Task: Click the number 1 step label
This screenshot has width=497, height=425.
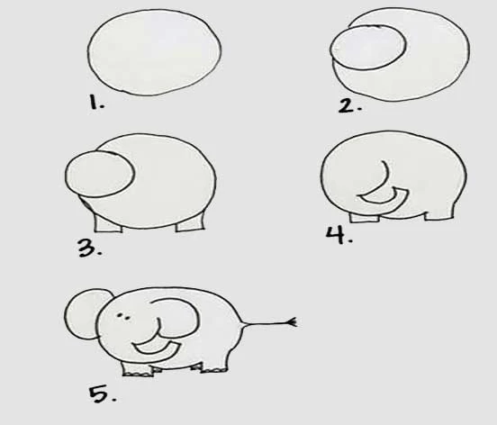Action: pos(96,103)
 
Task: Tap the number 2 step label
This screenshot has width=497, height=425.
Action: pos(349,105)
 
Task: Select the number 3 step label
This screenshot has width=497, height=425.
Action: pos(90,248)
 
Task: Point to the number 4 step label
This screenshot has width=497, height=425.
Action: pos(339,235)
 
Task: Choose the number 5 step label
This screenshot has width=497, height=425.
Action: pos(102,394)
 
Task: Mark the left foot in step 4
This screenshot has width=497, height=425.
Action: pos(364,218)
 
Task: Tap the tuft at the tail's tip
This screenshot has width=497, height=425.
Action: pos(293,322)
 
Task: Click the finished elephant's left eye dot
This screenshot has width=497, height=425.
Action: pos(119,315)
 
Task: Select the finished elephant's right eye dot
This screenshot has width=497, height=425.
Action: pos(127,319)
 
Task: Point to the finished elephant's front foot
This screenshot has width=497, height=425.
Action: pos(138,370)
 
